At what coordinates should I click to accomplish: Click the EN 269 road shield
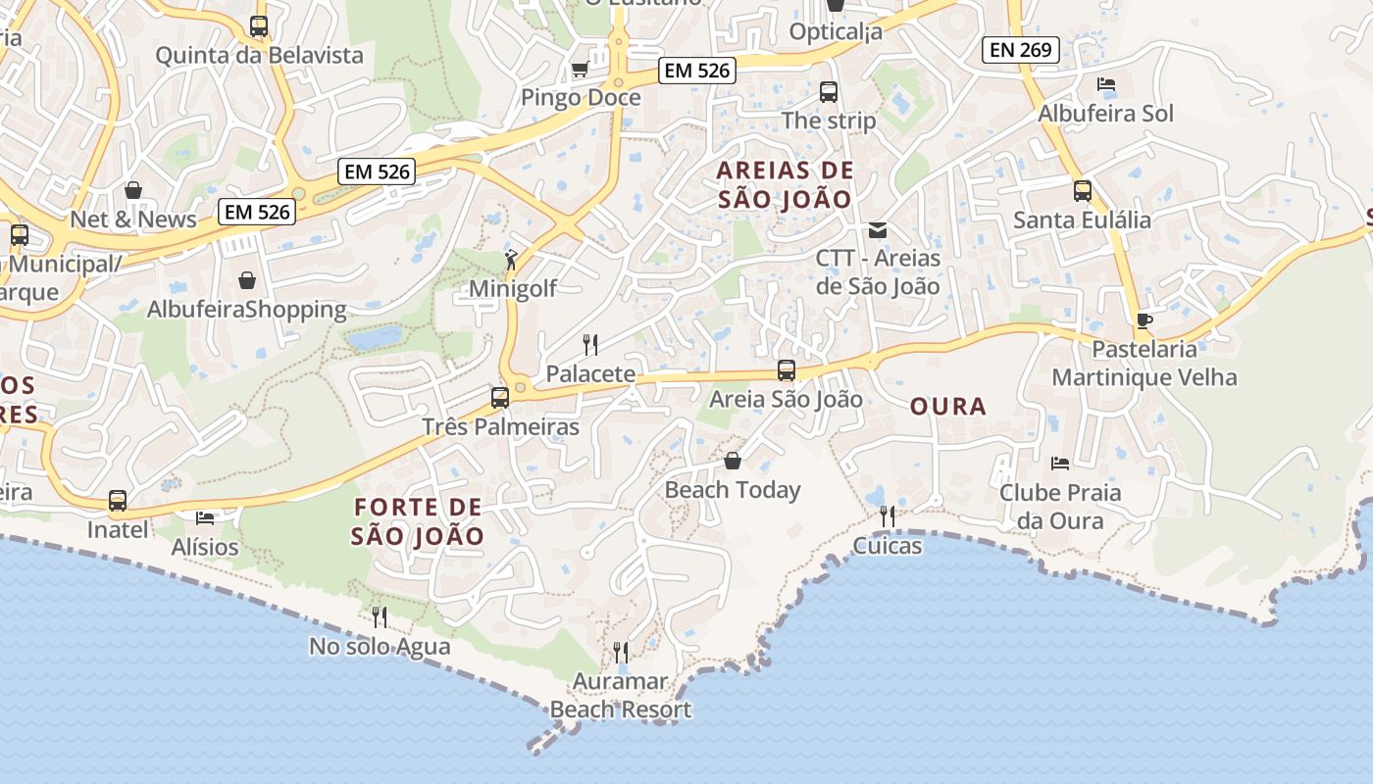pyautogui.click(x=1021, y=49)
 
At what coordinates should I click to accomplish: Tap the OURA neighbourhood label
pyautogui.click(x=947, y=406)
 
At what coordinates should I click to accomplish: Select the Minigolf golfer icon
pyautogui.click(x=510, y=260)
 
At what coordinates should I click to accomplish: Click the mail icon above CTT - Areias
pyautogui.click(x=878, y=230)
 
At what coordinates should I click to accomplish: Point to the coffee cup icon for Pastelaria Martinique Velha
pyautogui.click(x=1144, y=320)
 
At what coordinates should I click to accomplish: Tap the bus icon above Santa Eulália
pyautogui.click(x=1083, y=191)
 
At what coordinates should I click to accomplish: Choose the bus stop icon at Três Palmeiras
pyautogui.click(x=500, y=398)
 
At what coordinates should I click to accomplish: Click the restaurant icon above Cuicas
pyautogui.click(x=888, y=515)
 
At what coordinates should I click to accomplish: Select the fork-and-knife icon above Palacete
pyautogui.click(x=590, y=344)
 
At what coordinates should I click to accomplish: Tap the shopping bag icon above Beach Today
pyautogui.click(x=733, y=461)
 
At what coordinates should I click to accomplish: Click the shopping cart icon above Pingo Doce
pyautogui.click(x=580, y=70)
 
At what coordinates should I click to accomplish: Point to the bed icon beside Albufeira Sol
pyautogui.click(x=1106, y=84)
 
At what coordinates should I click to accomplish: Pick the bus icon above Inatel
pyautogui.click(x=118, y=501)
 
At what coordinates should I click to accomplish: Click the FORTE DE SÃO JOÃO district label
pyautogui.click(x=418, y=521)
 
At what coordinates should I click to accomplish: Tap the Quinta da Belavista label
pyautogui.click(x=259, y=55)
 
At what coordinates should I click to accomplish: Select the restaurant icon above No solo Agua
pyautogui.click(x=380, y=616)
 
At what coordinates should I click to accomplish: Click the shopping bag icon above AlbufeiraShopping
pyautogui.click(x=247, y=280)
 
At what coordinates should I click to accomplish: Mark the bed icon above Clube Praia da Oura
pyautogui.click(x=1059, y=463)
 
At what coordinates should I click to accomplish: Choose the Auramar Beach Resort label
pyautogui.click(x=621, y=695)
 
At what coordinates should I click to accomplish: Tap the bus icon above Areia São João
pyautogui.click(x=787, y=370)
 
